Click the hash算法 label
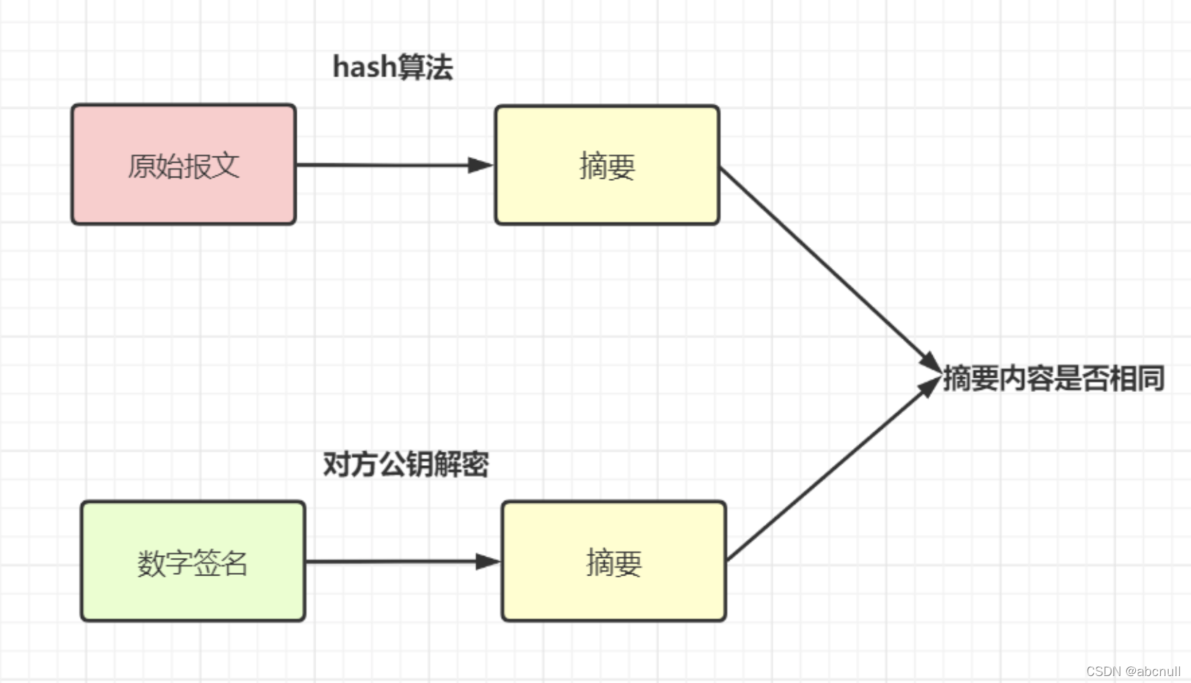pos(392,68)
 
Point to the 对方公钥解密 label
pos(406,464)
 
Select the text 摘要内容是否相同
pos(1053,379)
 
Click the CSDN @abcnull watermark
pos(1132,671)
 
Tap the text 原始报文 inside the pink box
pos(184,166)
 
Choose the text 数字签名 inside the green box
pos(193,563)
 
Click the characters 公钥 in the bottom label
pos(406,464)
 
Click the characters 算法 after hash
pos(425,68)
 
